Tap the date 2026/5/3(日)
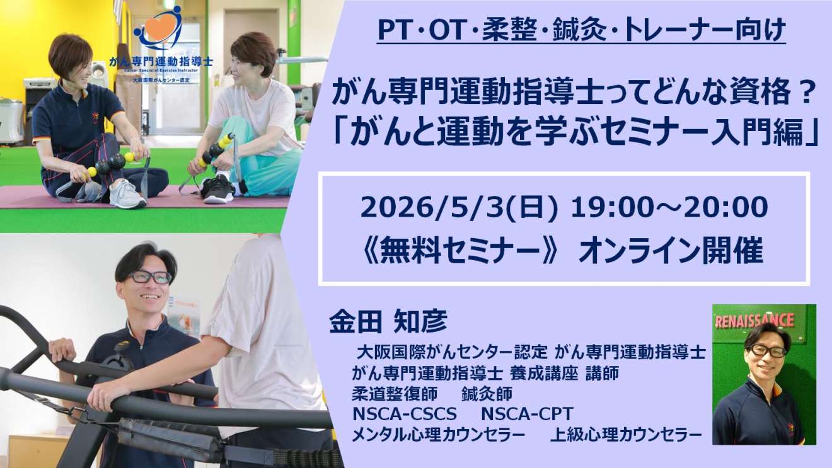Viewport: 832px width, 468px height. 459,208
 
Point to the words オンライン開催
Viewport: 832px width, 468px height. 671,251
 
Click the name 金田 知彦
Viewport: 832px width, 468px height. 388,321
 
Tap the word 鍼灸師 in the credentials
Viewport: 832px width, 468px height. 487,394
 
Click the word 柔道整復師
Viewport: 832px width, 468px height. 395,394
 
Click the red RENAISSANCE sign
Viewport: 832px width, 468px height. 754,321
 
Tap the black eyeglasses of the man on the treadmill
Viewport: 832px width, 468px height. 149,277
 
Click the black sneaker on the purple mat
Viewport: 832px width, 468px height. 218,189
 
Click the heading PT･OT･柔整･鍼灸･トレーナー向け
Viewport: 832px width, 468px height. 581,30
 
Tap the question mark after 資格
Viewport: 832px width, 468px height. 805,93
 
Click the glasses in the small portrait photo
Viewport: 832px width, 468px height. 768,351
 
